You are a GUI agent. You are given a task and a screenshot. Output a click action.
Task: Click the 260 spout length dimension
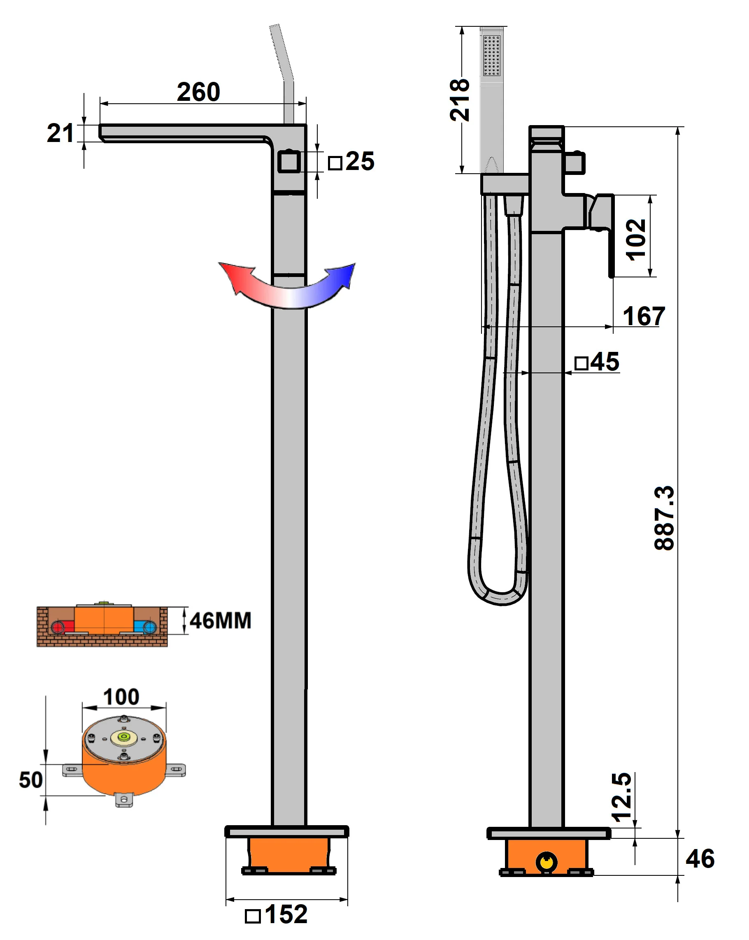tap(198, 92)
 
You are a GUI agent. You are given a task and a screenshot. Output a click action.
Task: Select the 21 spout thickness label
tap(60, 133)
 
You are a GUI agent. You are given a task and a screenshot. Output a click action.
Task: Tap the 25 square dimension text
tap(359, 161)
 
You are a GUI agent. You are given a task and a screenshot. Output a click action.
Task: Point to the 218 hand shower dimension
tap(460, 100)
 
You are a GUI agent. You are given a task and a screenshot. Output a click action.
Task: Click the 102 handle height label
tap(636, 240)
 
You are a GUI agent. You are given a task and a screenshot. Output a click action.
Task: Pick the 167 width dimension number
tap(644, 316)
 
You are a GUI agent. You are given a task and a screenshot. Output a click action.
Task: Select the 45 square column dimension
tap(604, 361)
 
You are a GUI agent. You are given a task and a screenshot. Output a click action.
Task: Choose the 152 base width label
tap(286, 914)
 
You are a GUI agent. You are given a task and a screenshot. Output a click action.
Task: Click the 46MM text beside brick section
tap(220, 620)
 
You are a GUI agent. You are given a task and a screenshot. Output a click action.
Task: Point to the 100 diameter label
tap(121, 697)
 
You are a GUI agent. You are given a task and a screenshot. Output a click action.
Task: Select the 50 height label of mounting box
tap(31, 779)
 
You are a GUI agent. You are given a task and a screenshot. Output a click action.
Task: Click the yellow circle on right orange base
tap(546, 861)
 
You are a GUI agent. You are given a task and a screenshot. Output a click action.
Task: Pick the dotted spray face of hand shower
tap(491, 56)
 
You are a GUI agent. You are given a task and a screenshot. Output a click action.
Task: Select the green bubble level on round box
tap(124, 737)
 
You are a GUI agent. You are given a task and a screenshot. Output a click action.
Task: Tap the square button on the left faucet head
tap(288, 162)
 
